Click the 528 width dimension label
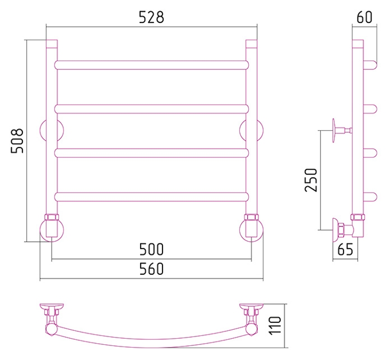151,17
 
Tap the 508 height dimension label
17,141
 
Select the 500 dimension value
151,250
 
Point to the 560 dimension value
151,269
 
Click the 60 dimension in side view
364,17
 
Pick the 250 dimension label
311,180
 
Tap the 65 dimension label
345,250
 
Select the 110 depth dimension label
275,325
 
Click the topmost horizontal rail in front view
151,64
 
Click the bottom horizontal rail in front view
151,197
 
